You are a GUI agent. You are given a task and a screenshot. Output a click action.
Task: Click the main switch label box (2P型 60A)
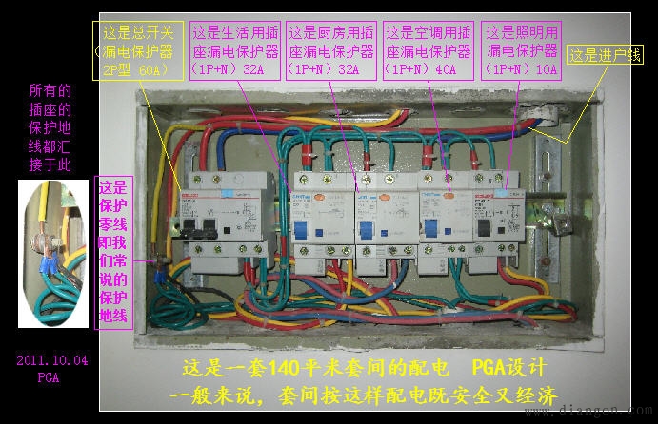pyautogui.click(x=139, y=50)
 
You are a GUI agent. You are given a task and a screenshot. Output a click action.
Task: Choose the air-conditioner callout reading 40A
pyautogui.click(x=429, y=50)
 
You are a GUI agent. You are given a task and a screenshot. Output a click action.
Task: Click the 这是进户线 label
pyautogui.click(x=604, y=55)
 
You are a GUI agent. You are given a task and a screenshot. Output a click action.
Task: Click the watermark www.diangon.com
pyautogui.click(x=609, y=412)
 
